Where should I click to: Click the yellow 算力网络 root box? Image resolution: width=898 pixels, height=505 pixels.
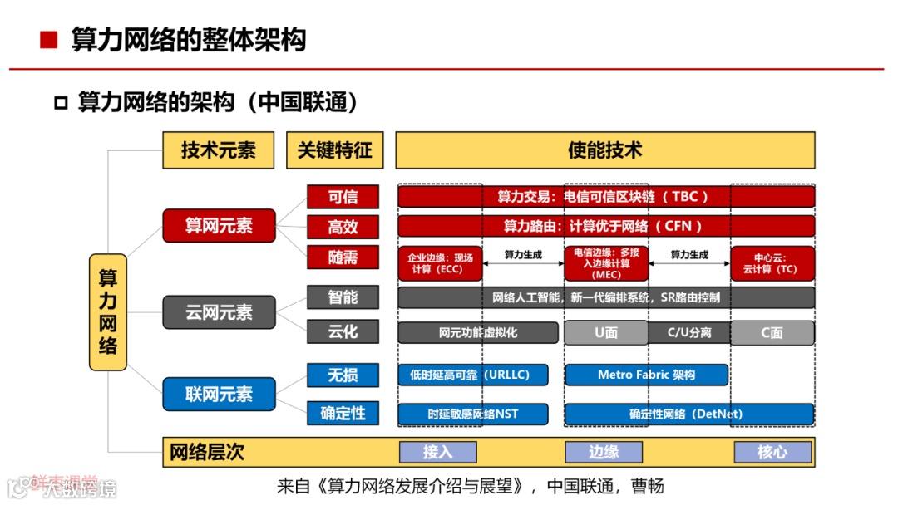(x=108, y=312)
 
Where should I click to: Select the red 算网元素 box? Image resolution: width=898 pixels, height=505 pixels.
(x=219, y=225)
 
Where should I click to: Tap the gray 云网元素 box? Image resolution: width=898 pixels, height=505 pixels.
(x=219, y=312)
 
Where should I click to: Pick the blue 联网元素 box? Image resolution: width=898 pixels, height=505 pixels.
(x=219, y=394)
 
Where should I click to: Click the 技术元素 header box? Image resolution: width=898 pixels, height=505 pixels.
(x=219, y=150)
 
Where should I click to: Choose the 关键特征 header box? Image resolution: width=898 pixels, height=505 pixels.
(x=335, y=150)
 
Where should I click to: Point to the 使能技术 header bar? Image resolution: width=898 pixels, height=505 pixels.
(x=604, y=150)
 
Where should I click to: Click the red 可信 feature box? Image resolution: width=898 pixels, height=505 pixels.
(x=343, y=197)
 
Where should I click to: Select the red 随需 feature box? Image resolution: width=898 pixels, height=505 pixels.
(x=343, y=257)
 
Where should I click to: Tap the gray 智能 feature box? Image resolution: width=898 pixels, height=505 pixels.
(x=343, y=297)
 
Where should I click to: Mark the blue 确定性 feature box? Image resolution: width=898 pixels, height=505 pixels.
(x=343, y=414)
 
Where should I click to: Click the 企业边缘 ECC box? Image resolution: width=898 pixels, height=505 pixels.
(x=440, y=263)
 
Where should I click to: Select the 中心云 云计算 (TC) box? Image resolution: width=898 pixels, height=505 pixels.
(x=772, y=263)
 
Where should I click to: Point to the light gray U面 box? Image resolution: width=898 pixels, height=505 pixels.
(x=605, y=333)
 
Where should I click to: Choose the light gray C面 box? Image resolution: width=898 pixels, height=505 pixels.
(x=772, y=333)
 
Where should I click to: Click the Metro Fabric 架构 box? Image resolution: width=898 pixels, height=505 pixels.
(x=646, y=375)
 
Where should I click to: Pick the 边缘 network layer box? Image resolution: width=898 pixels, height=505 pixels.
(x=604, y=452)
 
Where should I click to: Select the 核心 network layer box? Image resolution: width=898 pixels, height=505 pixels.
(x=772, y=452)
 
